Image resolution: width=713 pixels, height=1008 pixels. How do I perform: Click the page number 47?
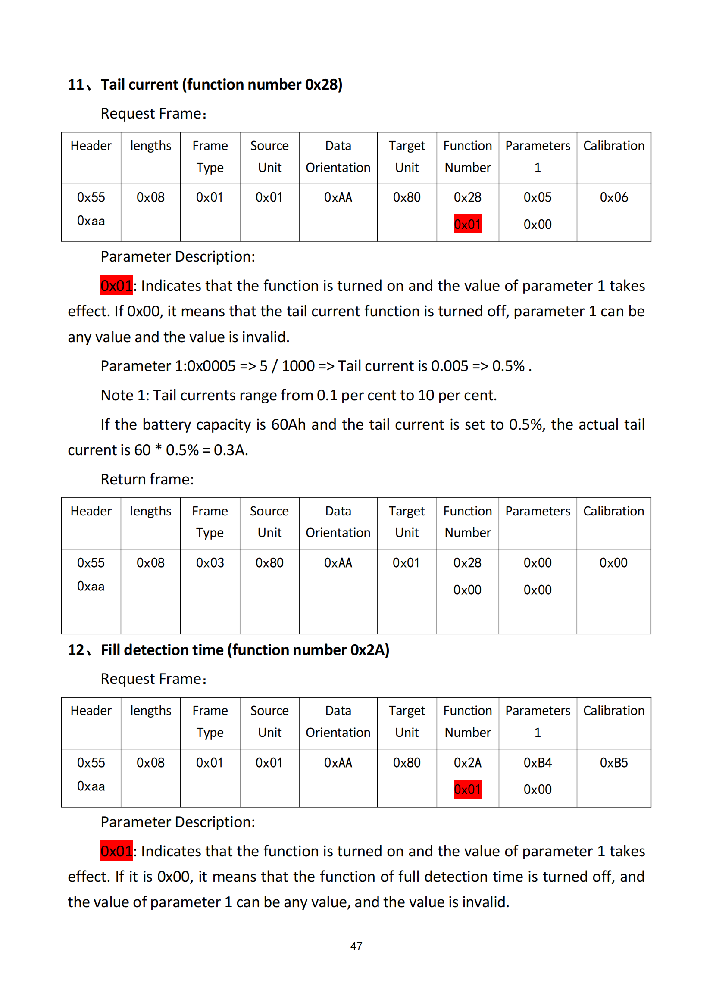[x=356, y=946]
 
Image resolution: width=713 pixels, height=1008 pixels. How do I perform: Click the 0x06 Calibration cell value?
[x=613, y=197]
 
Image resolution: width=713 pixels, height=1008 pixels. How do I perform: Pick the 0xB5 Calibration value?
[x=613, y=763]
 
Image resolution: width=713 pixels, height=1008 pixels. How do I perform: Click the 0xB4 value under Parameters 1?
[x=538, y=763]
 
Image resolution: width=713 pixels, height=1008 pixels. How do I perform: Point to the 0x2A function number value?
[x=467, y=763]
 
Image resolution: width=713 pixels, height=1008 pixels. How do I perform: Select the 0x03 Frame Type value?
[x=210, y=563]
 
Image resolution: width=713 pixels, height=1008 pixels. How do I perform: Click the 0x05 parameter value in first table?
[x=538, y=197]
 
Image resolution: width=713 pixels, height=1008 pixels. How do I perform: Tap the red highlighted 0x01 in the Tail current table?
[x=467, y=225]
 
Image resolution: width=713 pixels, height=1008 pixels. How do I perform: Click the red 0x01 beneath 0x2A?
[x=467, y=790]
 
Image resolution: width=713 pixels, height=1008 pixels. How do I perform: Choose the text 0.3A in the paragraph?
[x=230, y=450]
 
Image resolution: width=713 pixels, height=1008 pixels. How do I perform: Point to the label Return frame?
[x=147, y=479]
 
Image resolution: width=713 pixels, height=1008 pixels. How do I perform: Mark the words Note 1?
[x=125, y=395]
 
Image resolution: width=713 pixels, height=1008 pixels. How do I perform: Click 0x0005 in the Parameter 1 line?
[x=212, y=366]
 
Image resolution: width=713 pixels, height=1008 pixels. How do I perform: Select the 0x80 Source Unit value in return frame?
[x=269, y=563]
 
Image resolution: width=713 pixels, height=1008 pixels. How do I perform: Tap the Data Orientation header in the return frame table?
[x=338, y=521]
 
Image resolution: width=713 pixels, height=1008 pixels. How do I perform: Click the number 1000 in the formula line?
[x=298, y=366]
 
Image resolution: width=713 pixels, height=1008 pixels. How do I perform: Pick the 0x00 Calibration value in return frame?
[x=613, y=563]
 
